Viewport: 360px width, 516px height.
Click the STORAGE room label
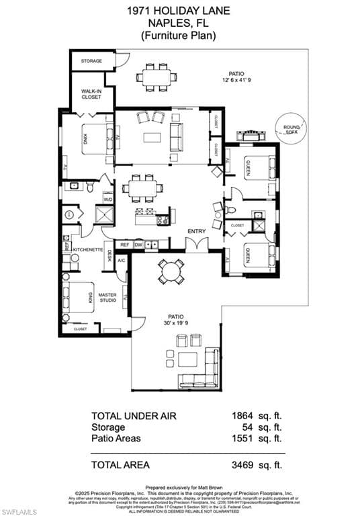point(91,61)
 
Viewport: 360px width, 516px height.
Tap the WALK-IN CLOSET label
point(91,94)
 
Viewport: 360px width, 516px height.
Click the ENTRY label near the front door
point(196,231)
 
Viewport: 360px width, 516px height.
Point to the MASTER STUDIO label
point(107,297)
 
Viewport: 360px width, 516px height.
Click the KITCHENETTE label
point(87,248)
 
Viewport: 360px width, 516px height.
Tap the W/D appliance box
point(107,199)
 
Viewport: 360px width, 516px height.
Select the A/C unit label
point(122,260)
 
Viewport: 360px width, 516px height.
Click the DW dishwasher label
point(138,245)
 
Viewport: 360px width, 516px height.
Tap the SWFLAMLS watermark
point(18,509)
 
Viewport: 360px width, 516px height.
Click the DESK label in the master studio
point(109,256)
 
